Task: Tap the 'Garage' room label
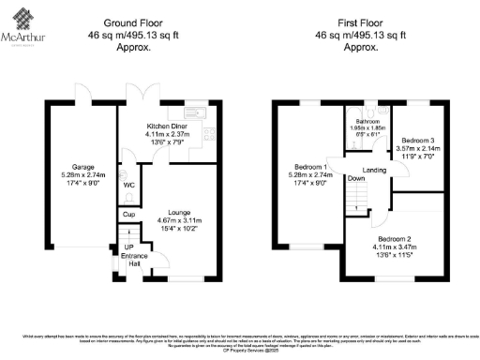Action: [71, 167]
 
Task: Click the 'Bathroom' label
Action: [367, 121]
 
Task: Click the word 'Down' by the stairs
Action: [355, 178]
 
